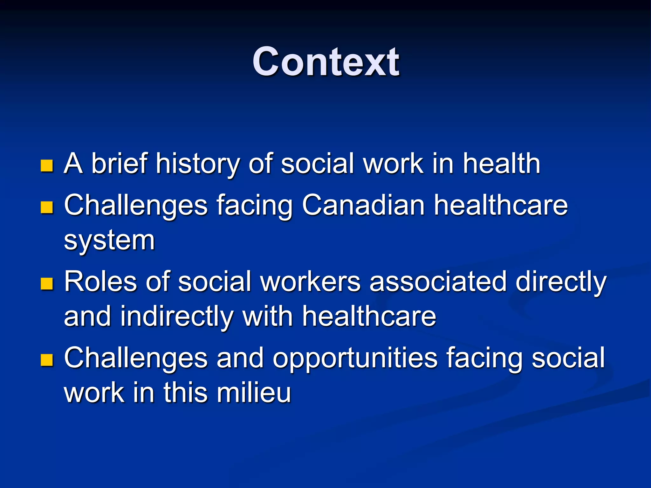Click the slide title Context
(x=325, y=62)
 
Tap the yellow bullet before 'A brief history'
(x=47, y=166)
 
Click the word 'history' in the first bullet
(x=197, y=164)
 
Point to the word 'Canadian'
(x=363, y=205)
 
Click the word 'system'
(x=109, y=241)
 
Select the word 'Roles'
(x=100, y=281)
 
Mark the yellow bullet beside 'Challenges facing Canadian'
(x=47, y=207)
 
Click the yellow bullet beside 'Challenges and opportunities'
(x=47, y=360)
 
